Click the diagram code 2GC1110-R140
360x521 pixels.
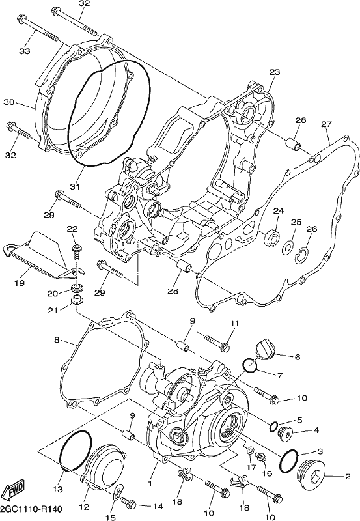pyautogui.click(x=31, y=509)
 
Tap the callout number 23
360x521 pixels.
pyautogui.click(x=275, y=72)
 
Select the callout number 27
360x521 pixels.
pyautogui.click(x=326, y=124)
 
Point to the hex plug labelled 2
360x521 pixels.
pyautogui.click(x=311, y=477)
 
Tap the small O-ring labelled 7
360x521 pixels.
pyautogui.click(x=250, y=366)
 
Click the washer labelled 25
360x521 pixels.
pyautogui.click(x=288, y=248)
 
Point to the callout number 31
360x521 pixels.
pyautogui.click(x=75, y=187)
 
